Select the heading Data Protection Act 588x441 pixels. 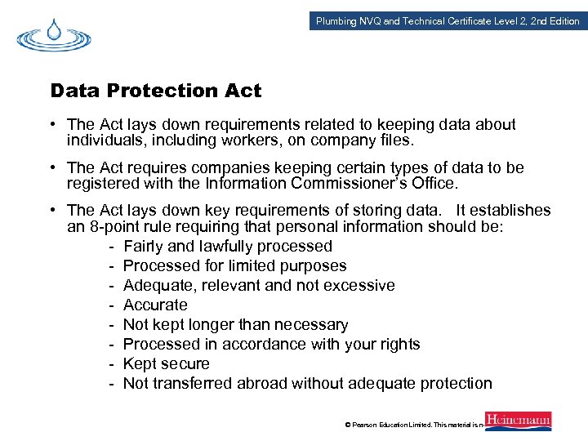click(156, 91)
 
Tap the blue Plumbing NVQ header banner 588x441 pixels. click(448, 20)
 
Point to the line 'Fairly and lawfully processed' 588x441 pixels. click(228, 246)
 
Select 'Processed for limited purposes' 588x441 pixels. click(234, 265)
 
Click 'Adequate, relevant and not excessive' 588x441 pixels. click(259, 285)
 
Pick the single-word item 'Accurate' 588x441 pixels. click(155, 305)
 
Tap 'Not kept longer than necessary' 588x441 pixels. click(235, 324)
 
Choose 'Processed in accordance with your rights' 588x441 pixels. click(271, 344)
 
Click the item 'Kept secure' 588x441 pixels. click(167, 363)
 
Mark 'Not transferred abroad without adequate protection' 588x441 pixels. click(307, 383)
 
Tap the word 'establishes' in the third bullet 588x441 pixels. click(511, 211)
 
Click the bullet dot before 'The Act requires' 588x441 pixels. click(51, 168)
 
